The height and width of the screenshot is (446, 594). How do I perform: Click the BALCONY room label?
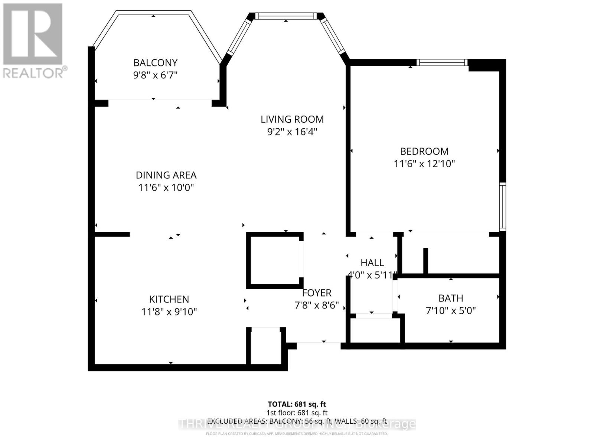155,62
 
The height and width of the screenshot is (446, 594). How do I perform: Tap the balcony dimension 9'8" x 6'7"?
155,75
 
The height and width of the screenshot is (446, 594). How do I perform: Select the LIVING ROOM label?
292,119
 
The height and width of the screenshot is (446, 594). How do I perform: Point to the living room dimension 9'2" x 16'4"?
292,132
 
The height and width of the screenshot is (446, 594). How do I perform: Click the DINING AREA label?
166,175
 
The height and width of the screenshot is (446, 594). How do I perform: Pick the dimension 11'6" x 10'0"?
166,187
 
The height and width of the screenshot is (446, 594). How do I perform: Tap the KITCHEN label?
169,299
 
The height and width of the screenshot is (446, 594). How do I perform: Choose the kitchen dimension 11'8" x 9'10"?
169,311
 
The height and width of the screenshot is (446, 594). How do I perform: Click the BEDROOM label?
424,151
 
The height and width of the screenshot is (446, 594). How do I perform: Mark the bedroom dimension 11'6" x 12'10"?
424,164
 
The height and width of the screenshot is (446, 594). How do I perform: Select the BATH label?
450,298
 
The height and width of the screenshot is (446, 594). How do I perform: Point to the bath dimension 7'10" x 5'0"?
450,310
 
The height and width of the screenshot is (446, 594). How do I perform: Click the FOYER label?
316,293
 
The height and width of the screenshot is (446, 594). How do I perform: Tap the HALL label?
372,263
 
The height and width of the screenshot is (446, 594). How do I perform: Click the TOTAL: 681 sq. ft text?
297,404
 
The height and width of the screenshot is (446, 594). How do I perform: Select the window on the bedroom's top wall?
442,62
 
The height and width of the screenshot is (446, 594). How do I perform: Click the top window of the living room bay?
286,16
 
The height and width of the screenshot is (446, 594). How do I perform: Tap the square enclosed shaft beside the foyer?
274,260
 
